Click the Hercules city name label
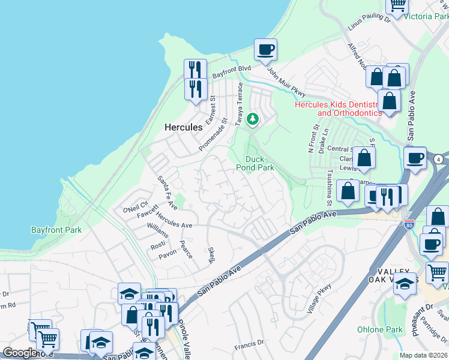[x=183, y=128]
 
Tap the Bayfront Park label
[x=56, y=230]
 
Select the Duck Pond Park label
[x=259, y=163]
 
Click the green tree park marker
[x=253, y=119]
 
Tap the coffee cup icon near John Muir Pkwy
[x=265, y=50]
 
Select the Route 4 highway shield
[x=439, y=160]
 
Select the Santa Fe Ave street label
[x=167, y=191]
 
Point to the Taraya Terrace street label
[x=240, y=102]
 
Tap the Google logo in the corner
[x=20, y=353]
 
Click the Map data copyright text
[x=424, y=355]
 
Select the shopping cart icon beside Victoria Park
[x=398, y=5]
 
